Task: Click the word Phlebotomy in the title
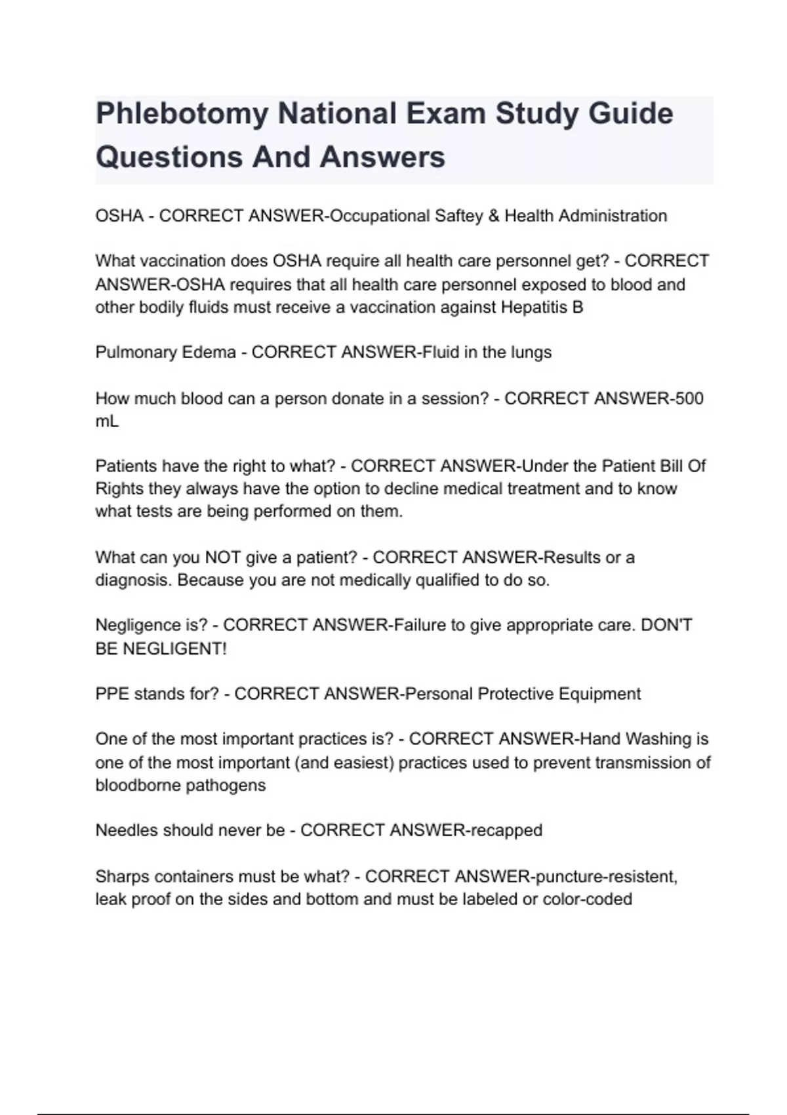tap(182, 114)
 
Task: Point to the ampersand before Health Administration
tap(493, 216)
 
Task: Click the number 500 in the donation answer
tap(689, 399)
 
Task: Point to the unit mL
tap(107, 422)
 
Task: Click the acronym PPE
tap(112, 694)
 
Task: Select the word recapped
tap(505, 831)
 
